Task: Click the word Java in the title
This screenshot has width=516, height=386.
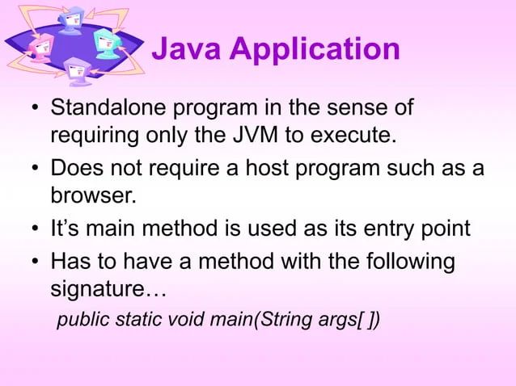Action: [185, 50]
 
